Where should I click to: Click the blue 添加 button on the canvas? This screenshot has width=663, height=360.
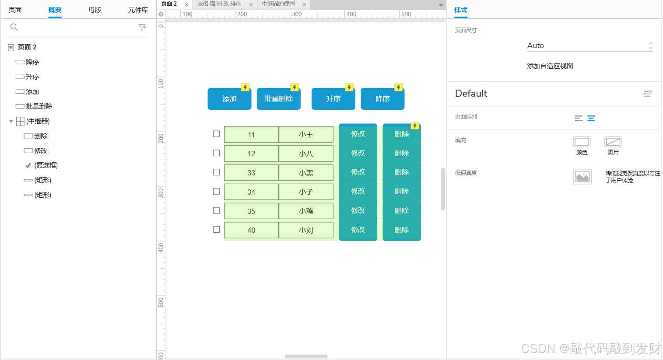(x=229, y=99)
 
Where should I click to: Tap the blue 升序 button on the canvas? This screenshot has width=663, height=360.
(x=333, y=99)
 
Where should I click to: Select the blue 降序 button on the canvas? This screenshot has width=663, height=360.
(x=382, y=99)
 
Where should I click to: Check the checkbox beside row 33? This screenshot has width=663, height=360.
(x=216, y=172)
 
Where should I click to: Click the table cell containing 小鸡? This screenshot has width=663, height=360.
(x=306, y=211)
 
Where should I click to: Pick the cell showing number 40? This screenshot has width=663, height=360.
(x=251, y=230)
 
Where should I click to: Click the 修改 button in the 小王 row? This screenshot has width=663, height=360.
(x=358, y=134)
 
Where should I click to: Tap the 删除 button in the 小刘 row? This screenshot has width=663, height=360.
(x=401, y=230)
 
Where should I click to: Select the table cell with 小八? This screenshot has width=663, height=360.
(x=306, y=154)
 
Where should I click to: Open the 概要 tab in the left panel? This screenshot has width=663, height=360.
(x=55, y=10)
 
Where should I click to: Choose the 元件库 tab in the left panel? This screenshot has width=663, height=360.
(x=138, y=10)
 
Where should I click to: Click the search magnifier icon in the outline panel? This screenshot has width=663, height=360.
(x=14, y=28)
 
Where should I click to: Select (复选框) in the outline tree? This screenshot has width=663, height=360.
(x=46, y=165)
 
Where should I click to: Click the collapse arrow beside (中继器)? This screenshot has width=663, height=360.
(x=11, y=121)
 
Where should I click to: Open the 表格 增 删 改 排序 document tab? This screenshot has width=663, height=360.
(x=219, y=4)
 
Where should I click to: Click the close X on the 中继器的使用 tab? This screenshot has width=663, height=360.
(x=304, y=4)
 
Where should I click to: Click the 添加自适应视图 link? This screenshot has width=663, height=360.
(x=550, y=66)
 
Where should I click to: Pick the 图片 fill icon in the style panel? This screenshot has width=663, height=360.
(x=613, y=142)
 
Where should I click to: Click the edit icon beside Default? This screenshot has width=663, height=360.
(x=648, y=93)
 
